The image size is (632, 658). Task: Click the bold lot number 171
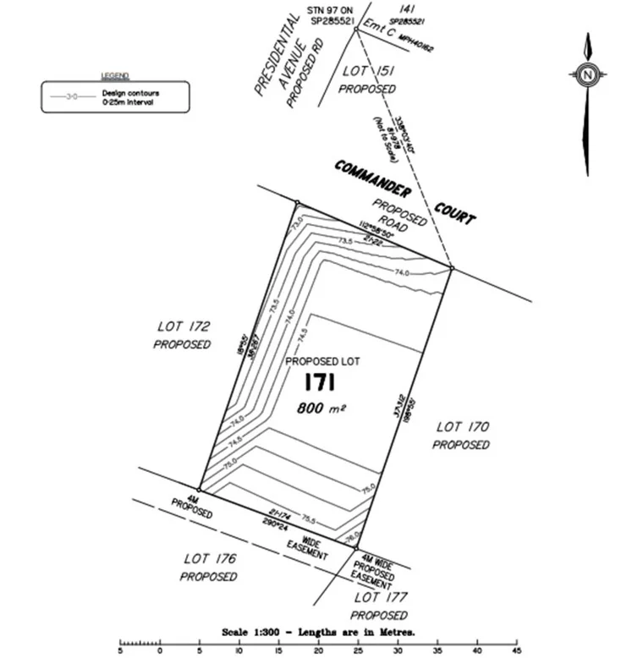(321, 383)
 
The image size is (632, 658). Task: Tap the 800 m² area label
(321, 408)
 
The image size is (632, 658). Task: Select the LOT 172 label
(183, 326)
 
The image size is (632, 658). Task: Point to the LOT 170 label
(461, 427)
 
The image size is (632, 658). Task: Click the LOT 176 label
(208, 559)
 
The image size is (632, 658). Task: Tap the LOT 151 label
(367, 72)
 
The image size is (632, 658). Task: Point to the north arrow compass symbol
(586, 74)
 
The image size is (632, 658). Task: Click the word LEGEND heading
(115, 76)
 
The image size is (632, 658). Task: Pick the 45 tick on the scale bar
(516, 650)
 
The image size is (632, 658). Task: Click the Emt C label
(377, 30)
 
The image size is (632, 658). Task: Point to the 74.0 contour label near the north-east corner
(402, 271)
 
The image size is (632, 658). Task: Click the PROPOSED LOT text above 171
(322, 361)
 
